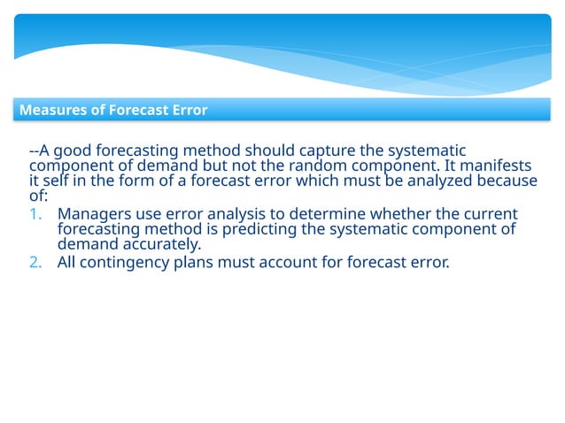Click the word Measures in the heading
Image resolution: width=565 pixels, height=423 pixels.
click(x=49, y=111)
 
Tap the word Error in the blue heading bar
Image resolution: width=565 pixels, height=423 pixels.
click(x=190, y=111)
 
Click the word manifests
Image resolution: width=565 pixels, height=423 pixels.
click(x=502, y=165)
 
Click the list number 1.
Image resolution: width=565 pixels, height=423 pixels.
click(x=35, y=215)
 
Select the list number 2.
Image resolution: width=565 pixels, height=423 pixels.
click(x=35, y=261)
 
